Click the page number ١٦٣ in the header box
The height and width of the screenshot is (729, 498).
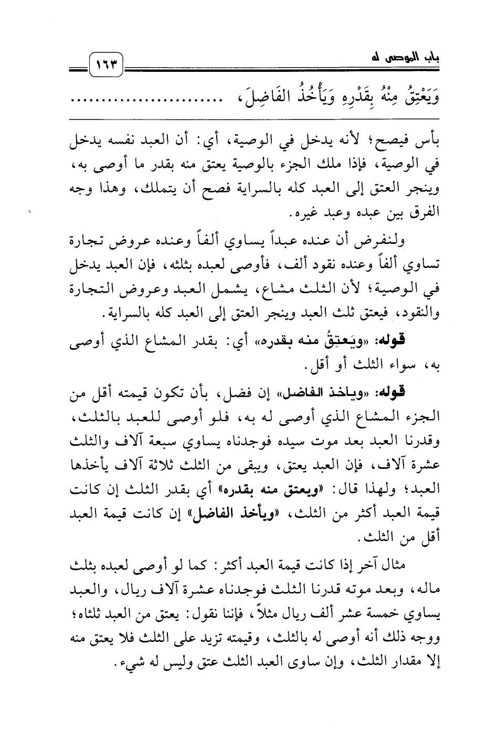(107, 66)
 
